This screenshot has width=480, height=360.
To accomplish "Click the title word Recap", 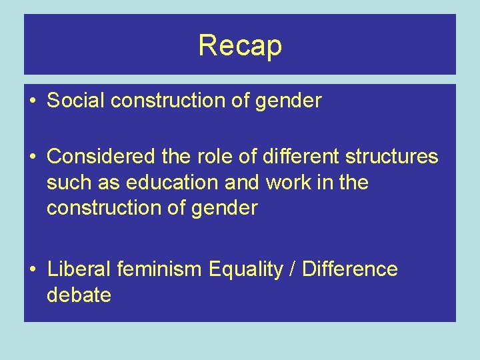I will pos(240,45).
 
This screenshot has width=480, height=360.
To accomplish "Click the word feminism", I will pos(159,269).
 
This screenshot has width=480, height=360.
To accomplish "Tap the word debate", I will pos(79,295).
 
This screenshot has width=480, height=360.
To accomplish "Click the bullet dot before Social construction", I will pos(33,101).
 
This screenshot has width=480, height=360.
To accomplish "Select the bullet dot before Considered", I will pos(33,157).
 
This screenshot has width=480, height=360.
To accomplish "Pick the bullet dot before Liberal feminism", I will pos(33,270).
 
